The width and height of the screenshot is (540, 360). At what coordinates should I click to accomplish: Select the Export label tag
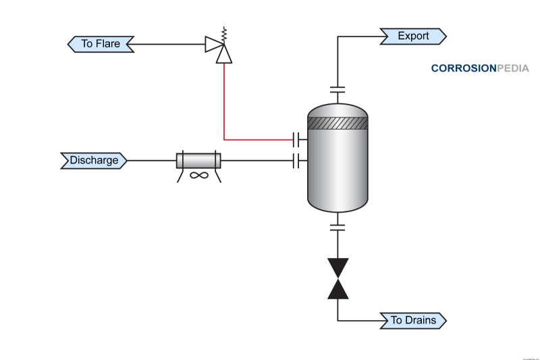pos(413,36)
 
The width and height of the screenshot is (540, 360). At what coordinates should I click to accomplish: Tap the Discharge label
pos(94,161)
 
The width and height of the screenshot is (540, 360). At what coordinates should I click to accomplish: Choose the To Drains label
pos(413,320)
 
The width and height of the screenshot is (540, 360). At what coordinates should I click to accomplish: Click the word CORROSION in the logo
pos(463,68)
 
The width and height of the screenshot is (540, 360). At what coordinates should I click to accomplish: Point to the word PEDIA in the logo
pos(512,68)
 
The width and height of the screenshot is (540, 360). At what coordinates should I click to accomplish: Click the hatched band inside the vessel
pos(337,124)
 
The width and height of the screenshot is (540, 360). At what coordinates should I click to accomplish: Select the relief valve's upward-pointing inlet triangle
pos(223,56)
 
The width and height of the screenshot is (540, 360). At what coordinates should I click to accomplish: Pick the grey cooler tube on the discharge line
pos(198,161)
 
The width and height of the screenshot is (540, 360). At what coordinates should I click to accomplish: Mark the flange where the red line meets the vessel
pos(296,140)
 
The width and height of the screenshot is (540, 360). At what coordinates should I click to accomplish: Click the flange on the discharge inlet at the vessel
pos(296,161)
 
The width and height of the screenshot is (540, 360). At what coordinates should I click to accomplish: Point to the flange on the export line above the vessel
pos(337,89)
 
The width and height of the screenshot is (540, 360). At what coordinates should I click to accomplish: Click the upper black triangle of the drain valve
pos(337,266)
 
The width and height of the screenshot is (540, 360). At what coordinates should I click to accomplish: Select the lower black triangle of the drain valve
pos(337,288)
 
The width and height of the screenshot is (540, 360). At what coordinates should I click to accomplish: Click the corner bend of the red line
pos(223,140)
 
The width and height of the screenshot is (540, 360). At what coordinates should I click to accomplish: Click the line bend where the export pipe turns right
pos(337,36)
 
